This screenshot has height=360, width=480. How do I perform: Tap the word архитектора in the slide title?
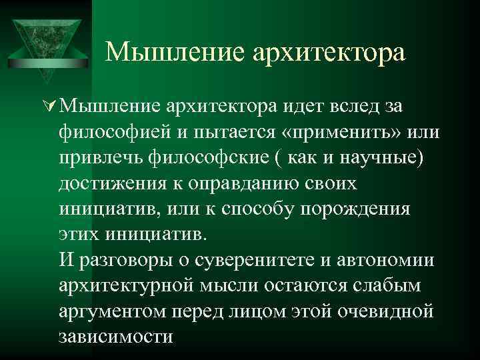click(329, 51)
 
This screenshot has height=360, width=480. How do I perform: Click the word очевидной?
click(381, 311)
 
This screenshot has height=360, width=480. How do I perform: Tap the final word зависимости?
click(115, 337)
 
